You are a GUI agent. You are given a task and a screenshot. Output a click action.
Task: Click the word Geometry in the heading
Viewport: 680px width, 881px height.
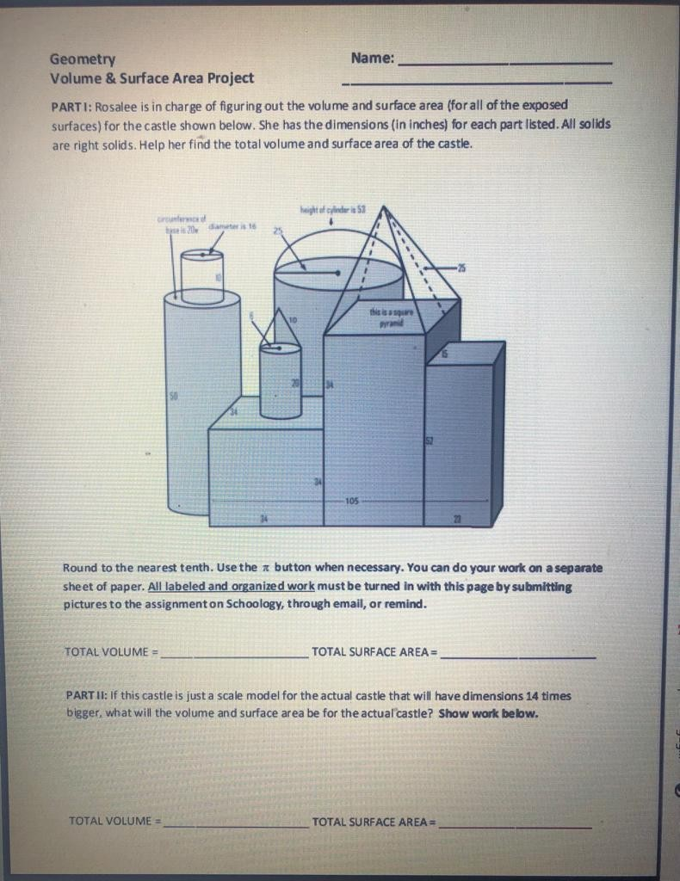coord(83,59)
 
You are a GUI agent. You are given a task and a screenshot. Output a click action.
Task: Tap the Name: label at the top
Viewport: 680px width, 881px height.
coord(373,59)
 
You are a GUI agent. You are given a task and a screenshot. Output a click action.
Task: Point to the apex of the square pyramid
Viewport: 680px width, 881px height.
coord(384,207)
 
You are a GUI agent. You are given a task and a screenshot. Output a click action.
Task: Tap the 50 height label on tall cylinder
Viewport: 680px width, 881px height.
coord(173,397)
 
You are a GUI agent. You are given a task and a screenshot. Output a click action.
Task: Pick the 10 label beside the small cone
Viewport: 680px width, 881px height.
coord(293,320)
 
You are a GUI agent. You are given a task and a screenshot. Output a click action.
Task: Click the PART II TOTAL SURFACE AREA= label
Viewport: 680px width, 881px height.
coord(374,822)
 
